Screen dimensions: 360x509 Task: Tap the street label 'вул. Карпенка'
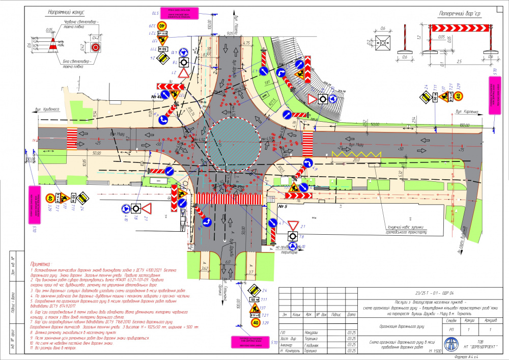[467, 111]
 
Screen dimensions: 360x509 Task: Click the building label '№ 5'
[283, 207]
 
